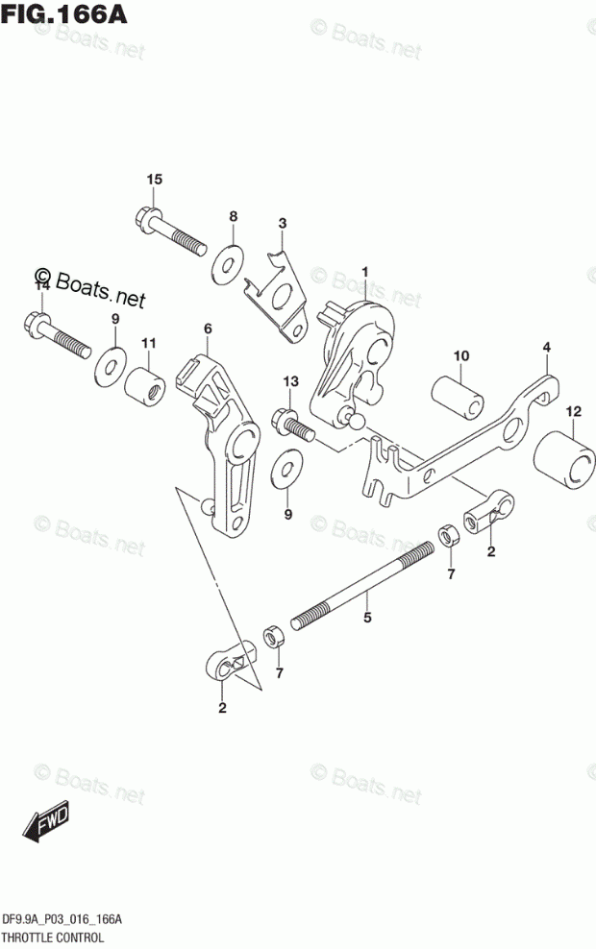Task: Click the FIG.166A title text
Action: tap(65, 16)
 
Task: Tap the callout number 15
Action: tap(155, 181)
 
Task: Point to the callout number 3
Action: tap(282, 225)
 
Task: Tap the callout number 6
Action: tap(207, 329)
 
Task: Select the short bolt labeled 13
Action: tap(289, 422)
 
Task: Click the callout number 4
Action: tap(545, 347)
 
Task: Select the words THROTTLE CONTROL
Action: tap(61, 936)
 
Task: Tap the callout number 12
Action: tap(573, 413)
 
